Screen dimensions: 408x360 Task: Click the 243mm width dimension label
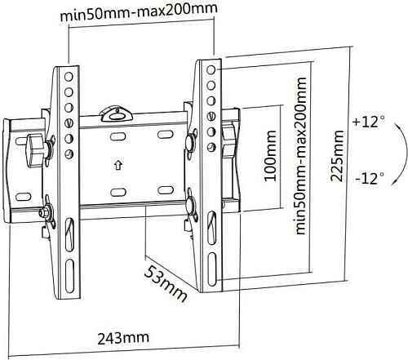pos(123,338)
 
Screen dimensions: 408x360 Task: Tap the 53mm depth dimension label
pos(166,284)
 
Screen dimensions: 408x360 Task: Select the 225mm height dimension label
pos(337,156)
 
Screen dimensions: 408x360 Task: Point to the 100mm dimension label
pos(270,156)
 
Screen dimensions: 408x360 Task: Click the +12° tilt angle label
pos(369,122)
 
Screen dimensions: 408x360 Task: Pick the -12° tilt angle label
pos(370,179)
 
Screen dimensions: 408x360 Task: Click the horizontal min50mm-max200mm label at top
pos(139,12)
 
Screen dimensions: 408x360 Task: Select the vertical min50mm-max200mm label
pos(300,156)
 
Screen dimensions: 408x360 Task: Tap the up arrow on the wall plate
pos(118,165)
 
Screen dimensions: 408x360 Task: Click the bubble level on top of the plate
pos(117,114)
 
